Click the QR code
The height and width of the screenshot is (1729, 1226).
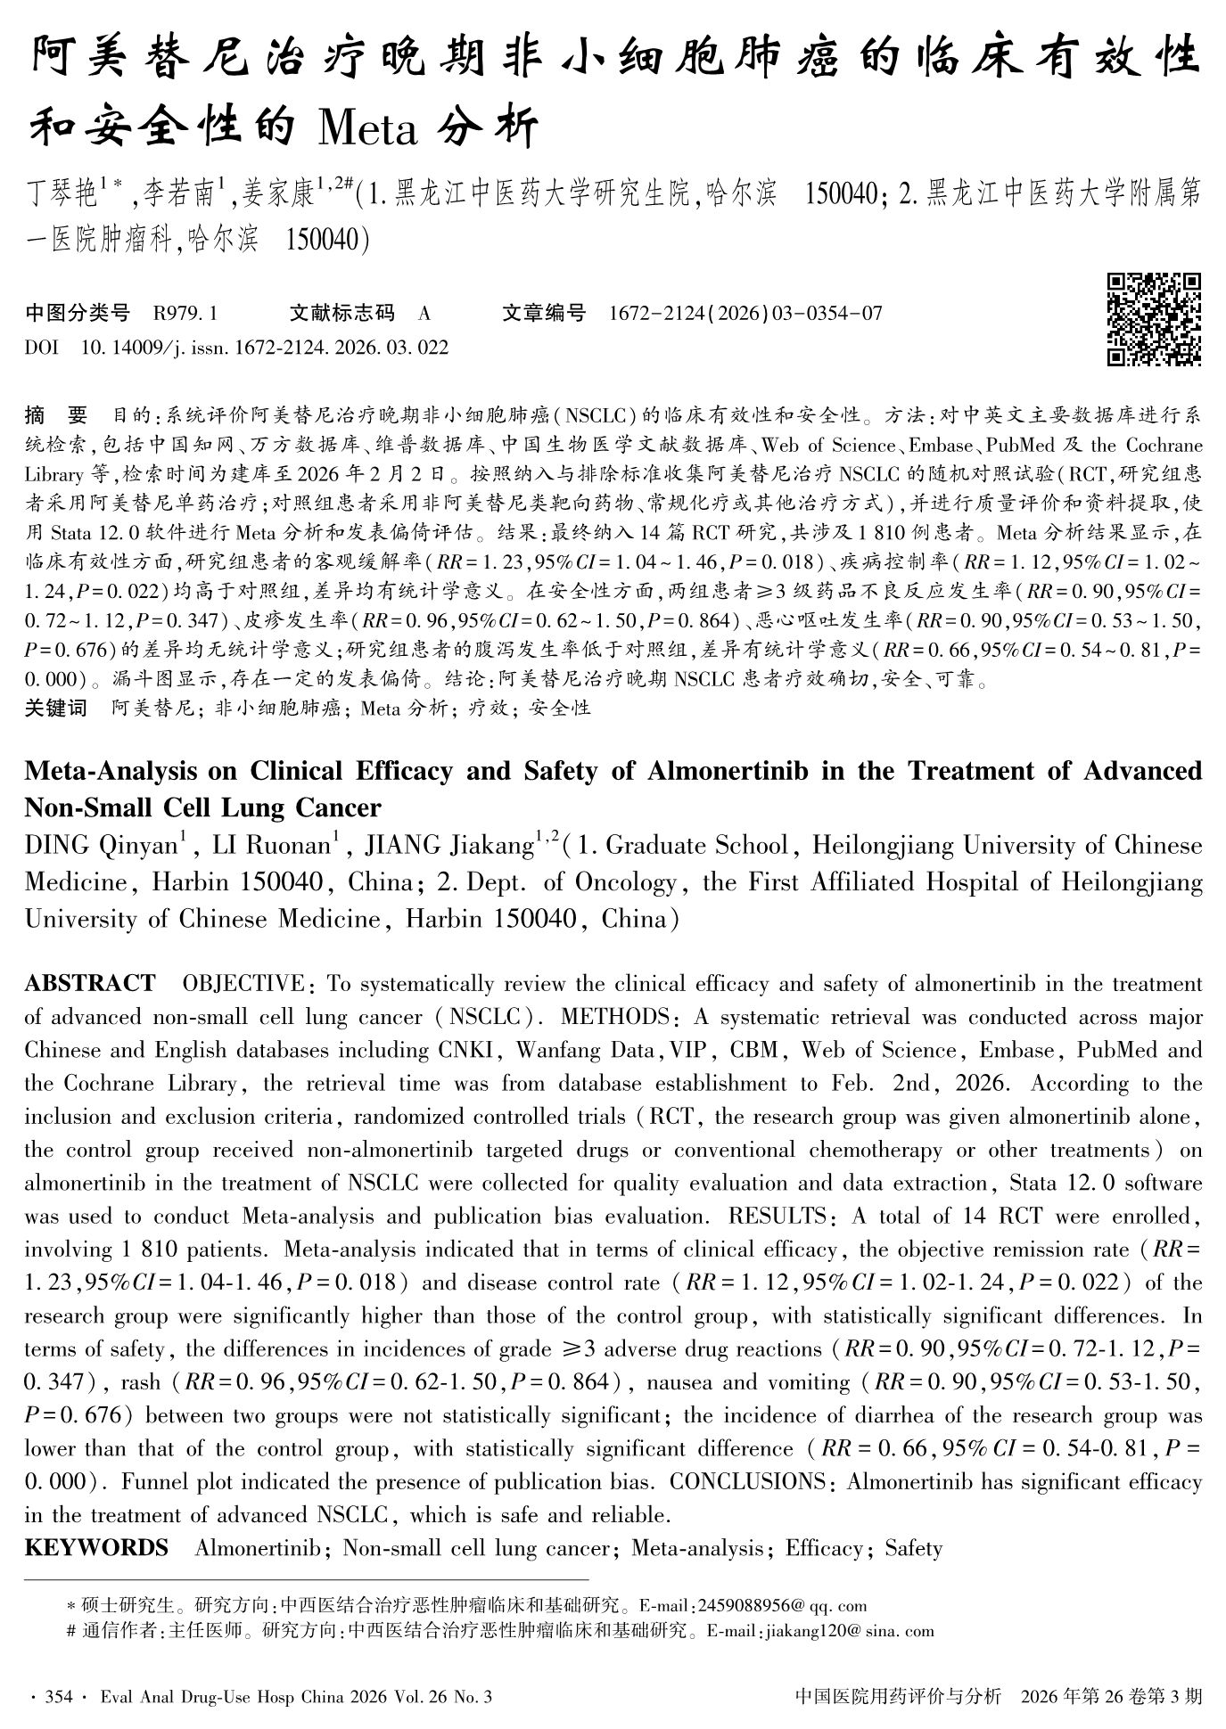(1154, 319)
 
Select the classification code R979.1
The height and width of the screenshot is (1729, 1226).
(185, 314)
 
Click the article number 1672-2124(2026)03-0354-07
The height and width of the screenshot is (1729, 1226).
(745, 314)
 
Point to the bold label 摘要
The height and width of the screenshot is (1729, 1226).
(56, 415)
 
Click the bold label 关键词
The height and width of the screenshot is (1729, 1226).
(56, 709)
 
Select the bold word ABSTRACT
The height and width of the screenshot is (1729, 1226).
(90, 984)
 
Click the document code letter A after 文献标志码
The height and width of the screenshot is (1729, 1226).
(424, 314)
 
